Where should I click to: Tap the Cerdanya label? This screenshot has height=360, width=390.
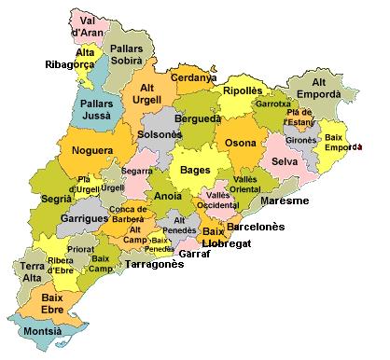(x=194, y=77)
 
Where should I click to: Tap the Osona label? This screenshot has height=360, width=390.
(x=239, y=143)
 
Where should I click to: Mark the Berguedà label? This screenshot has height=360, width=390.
(x=199, y=119)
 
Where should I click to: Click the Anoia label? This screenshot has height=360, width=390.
(x=168, y=197)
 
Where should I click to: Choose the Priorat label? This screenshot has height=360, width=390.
(x=81, y=250)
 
